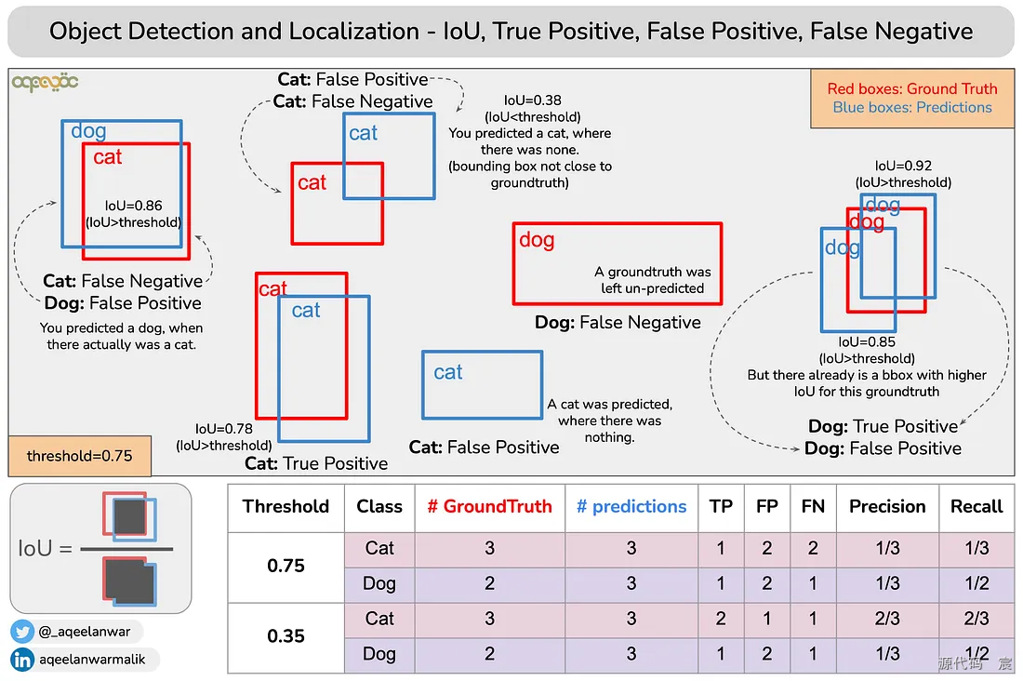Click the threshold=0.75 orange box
pos(79,456)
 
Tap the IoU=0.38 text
pos(532,100)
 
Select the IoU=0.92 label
pos(903,166)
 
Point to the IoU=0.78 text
pos(224,429)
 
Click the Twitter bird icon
pos(23,632)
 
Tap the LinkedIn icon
pos(23,660)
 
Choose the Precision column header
pos(887,507)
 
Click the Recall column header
pos(976,507)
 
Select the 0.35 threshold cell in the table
pos(286,636)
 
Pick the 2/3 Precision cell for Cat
pos(887,619)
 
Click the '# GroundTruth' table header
pos(489,507)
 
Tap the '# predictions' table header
pos(631,507)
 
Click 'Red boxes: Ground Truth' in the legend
pos(912,89)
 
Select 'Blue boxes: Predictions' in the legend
pos(912,108)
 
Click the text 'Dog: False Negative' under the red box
pos(618,323)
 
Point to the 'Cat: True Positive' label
pos(316,463)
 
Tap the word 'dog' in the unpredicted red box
pos(537,240)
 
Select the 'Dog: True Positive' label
pos(883,427)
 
